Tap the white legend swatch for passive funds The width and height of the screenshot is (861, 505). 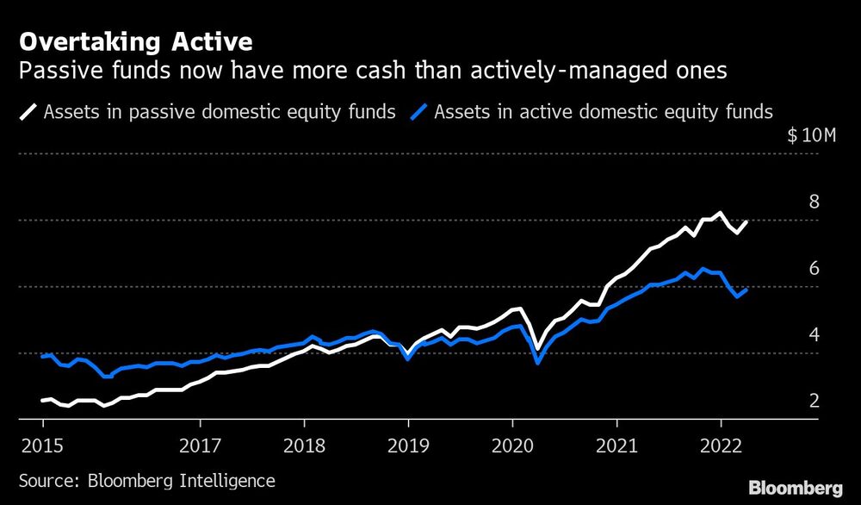tap(28, 111)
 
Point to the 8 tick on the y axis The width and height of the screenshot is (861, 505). tap(813, 203)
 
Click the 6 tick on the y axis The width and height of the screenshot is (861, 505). tap(813, 269)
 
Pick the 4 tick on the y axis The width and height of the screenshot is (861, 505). tap(813, 335)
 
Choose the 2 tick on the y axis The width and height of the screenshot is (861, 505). tap(813, 402)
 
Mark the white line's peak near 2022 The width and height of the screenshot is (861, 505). tap(721, 213)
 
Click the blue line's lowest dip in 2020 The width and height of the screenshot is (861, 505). tap(538, 363)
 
